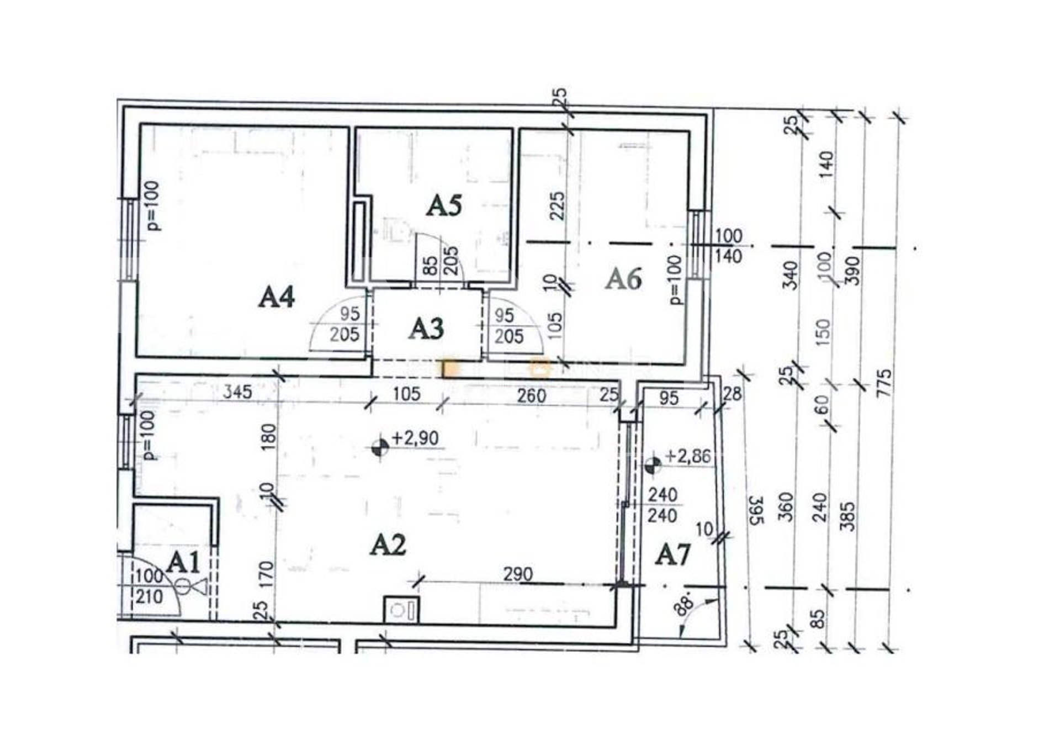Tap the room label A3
426,329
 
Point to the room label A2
388,545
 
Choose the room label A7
673,554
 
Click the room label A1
183,563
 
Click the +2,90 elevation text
415,438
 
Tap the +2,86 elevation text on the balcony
688,457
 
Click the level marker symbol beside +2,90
380,447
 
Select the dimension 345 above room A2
237,392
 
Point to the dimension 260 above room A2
532,395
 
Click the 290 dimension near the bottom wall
518,574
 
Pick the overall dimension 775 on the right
883,383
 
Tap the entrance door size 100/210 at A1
149,586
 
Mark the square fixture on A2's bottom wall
401,610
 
